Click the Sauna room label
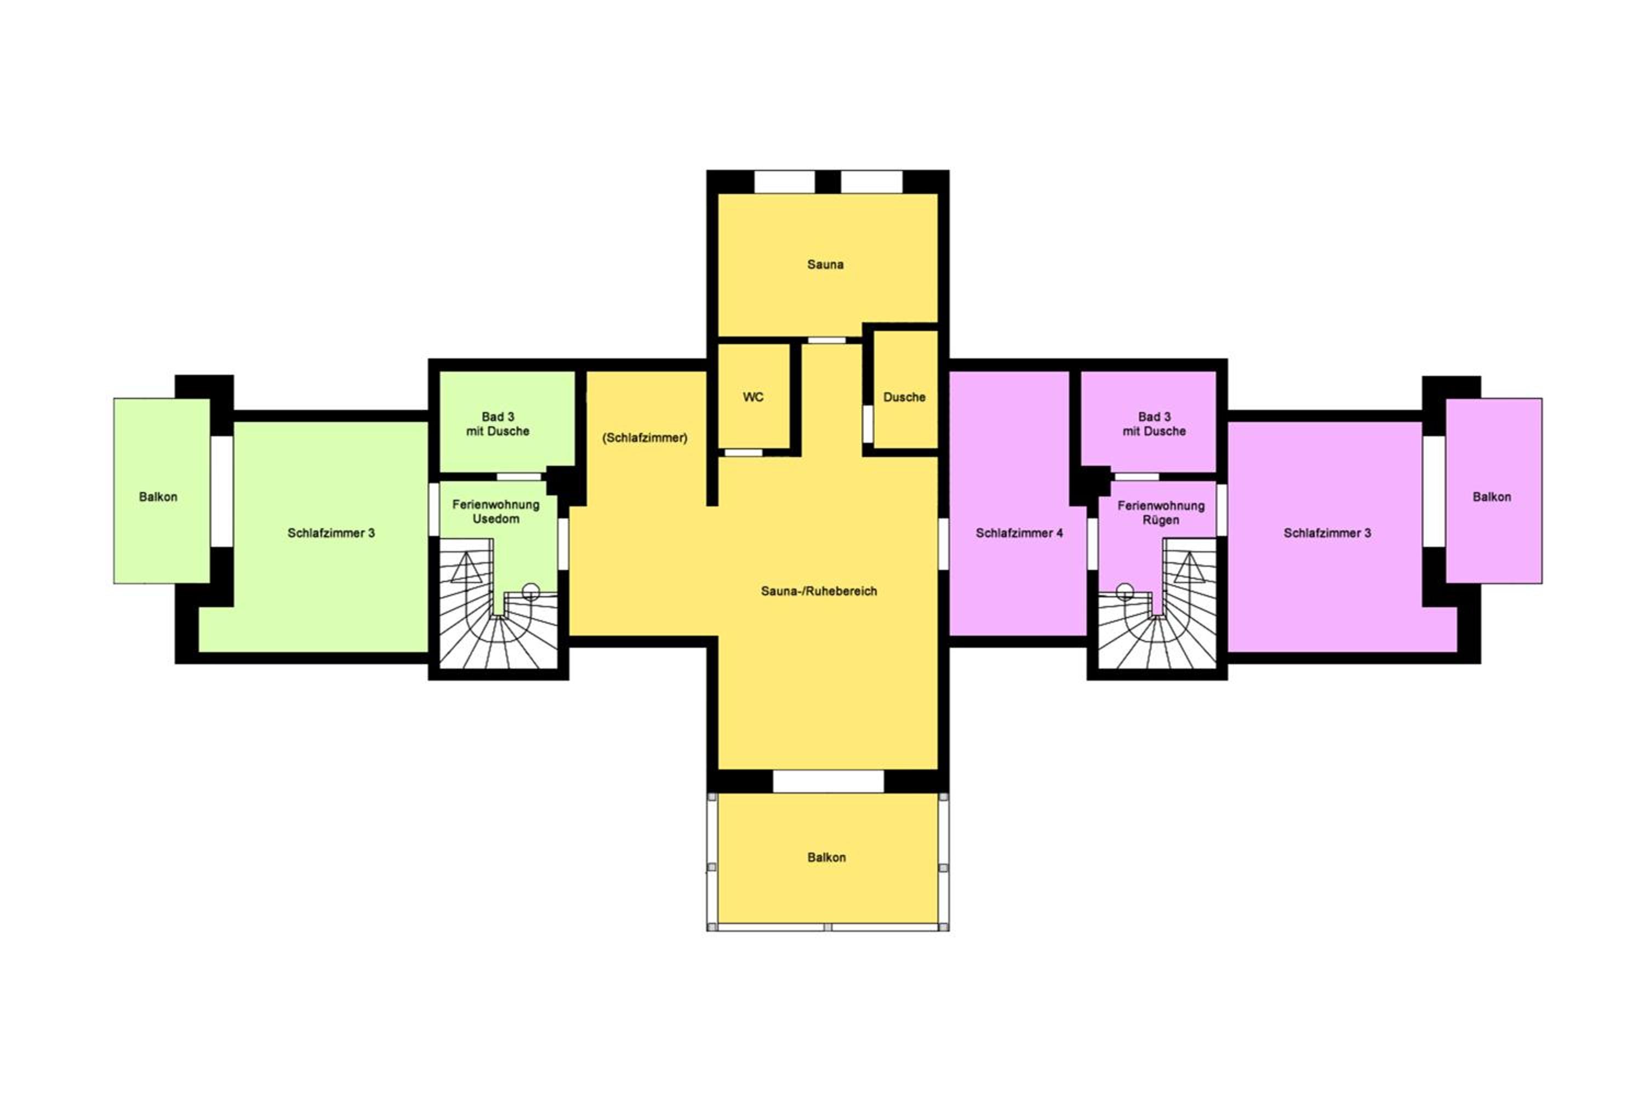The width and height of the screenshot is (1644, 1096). click(x=825, y=264)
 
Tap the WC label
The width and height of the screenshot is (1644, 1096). click(x=753, y=397)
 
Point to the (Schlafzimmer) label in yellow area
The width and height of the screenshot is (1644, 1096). click(x=644, y=437)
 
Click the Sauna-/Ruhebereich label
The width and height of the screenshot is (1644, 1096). click(x=819, y=591)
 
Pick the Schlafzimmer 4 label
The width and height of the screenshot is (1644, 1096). click(x=1019, y=533)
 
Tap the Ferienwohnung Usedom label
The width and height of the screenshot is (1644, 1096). click(x=495, y=512)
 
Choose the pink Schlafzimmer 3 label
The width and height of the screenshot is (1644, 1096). click(x=1327, y=533)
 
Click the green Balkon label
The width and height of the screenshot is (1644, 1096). click(x=158, y=497)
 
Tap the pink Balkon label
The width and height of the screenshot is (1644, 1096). click(x=1492, y=497)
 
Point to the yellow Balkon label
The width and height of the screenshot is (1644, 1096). click(x=826, y=858)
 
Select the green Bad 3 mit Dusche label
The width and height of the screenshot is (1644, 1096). click(x=498, y=424)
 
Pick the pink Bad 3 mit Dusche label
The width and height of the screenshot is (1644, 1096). click(x=1154, y=424)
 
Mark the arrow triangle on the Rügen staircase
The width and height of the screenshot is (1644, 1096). click(x=1189, y=568)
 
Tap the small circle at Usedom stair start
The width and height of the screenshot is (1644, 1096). click(x=530, y=591)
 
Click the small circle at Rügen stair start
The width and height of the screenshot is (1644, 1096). click(x=1124, y=591)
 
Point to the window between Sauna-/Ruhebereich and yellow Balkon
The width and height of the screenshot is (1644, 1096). click(x=827, y=781)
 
